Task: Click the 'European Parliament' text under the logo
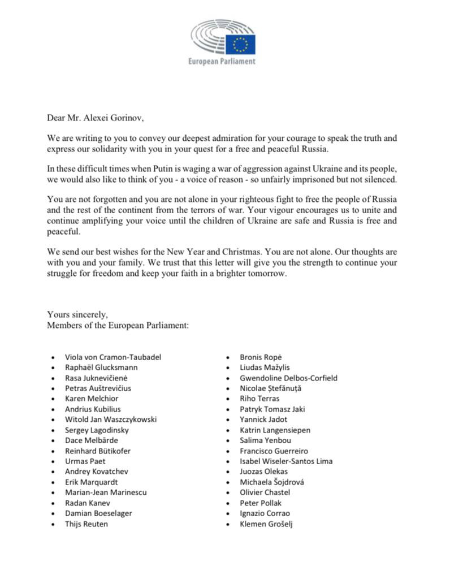click(x=222, y=61)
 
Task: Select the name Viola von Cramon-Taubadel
click(x=113, y=357)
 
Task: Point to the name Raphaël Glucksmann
click(x=101, y=368)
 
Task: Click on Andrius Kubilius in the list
click(x=93, y=409)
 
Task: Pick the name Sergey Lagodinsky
click(x=97, y=430)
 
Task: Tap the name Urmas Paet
click(x=84, y=461)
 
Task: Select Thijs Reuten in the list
click(x=86, y=524)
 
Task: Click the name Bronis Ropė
click(x=261, y=357)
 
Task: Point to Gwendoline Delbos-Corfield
click(x=288, y=378)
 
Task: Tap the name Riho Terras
click(x=259, y=399)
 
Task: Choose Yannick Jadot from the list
click(x=263, y=420)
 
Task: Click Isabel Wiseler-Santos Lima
click(x=286, y=461)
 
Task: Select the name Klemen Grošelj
click(x=266, y=524)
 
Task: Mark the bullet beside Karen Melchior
click(x=53, y=399)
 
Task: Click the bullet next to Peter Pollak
click(x=227, y=503)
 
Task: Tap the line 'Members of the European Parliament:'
click(x=118, y=325)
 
